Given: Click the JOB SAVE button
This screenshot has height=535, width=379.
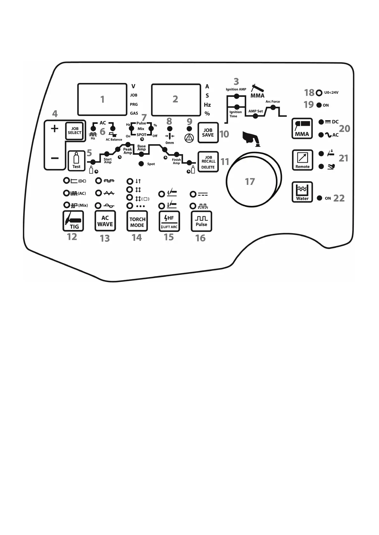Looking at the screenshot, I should click(x=208, y=132).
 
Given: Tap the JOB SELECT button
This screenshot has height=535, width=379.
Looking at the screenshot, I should click(x=74, y=131).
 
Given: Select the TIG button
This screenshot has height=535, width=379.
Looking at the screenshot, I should click(x=73, y=221).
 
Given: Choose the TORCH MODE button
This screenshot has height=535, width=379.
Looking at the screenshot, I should click(x=137, y=221).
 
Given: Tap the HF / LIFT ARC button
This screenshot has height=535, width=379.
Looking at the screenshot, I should click(x=169, y=221).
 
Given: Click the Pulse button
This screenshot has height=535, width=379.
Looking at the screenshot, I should click(x=201, y=221).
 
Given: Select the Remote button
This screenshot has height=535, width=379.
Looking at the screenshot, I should click(x=302, y=160).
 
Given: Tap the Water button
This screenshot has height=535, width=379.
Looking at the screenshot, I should click(x=302, y=192).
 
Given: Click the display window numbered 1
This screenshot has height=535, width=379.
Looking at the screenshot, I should click(x=102, y=99).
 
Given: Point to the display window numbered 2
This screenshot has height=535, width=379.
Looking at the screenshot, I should click(x=175, y=99).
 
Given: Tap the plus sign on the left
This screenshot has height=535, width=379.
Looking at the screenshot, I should click(x=54, y=129).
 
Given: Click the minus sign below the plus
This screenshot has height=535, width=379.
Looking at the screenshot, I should click(x=54, y=158).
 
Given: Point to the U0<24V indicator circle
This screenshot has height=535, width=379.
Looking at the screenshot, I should click(x=319, y=93).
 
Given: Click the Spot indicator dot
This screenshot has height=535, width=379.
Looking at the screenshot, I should click(x=141, y=164).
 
